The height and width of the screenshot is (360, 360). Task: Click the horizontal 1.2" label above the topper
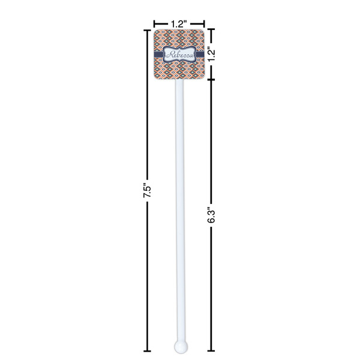coord(178,24)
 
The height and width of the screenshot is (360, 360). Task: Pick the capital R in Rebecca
coord(170,55)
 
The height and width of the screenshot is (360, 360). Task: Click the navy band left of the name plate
coord(158,55)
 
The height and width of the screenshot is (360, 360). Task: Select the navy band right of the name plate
coord(199,55)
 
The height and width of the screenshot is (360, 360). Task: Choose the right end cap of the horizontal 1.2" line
coord(205,24)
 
